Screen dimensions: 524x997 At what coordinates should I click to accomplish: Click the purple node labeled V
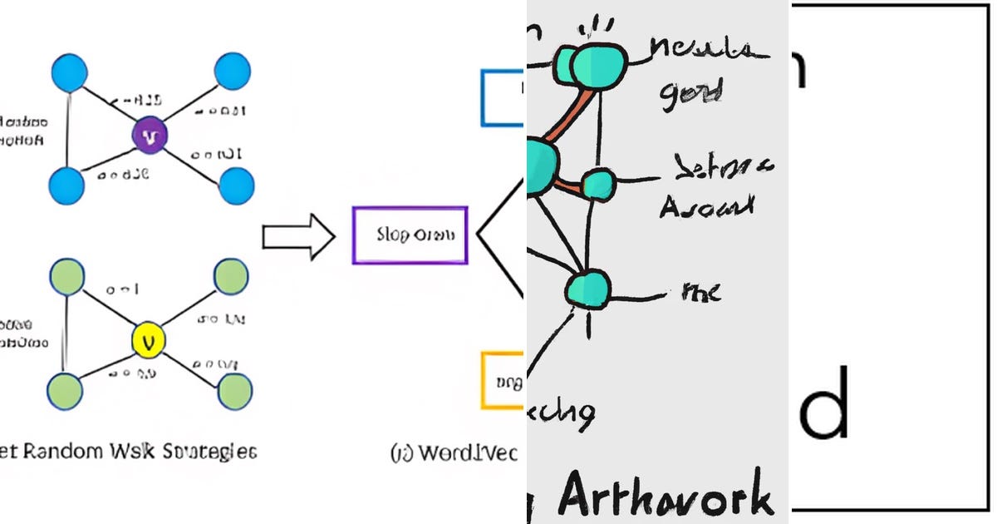pos(150,136)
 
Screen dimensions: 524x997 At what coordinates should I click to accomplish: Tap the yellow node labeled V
pos(150,339)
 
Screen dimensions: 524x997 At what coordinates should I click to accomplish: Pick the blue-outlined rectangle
pos(503,98)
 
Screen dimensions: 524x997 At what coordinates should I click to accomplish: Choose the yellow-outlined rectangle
pos(503,380)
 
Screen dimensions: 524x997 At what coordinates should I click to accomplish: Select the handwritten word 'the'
pos(700,291)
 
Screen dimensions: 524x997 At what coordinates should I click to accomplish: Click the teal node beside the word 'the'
pos(587,288)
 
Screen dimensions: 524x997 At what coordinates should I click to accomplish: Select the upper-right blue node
pos(232,72)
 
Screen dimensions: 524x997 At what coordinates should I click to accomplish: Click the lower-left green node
pos(66,389)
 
